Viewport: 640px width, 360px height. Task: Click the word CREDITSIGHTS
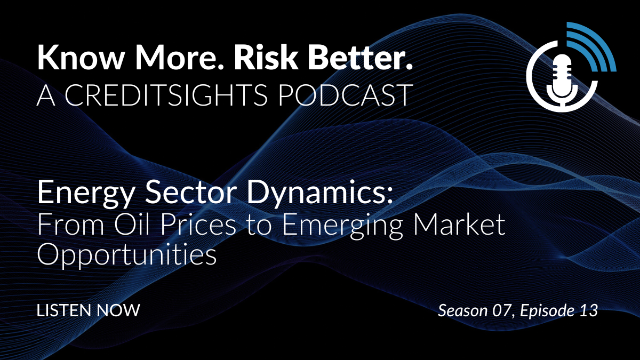coord(166,95)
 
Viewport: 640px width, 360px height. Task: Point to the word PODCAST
coord(345,95)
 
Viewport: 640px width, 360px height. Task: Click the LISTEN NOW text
coord(89,310)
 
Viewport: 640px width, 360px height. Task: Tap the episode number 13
coord(589,310)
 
